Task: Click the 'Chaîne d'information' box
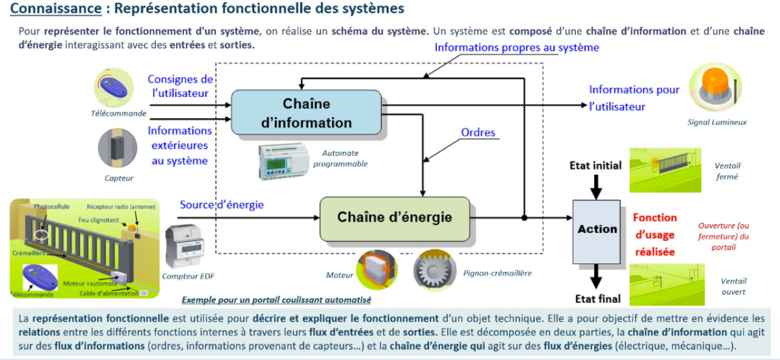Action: (x=306, y=113)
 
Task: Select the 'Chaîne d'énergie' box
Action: (x=394, y=218)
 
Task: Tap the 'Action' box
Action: (x=597, y=229)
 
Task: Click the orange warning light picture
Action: (x=715, y=87)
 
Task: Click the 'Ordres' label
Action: (x=478, y=133)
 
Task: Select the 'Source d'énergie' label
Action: (x=222, y=205)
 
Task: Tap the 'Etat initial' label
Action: (x=595, y=165)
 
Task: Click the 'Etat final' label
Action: (x=597, y=299)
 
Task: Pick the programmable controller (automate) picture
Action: (x=284, y=161)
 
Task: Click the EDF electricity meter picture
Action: (x=185, y=246)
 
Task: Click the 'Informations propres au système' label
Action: (x=517, y=47)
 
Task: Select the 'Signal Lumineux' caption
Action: (x=717, y=122)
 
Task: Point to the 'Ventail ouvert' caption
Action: (x=733, y=287)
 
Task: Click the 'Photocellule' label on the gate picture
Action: (x=52, y=206)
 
